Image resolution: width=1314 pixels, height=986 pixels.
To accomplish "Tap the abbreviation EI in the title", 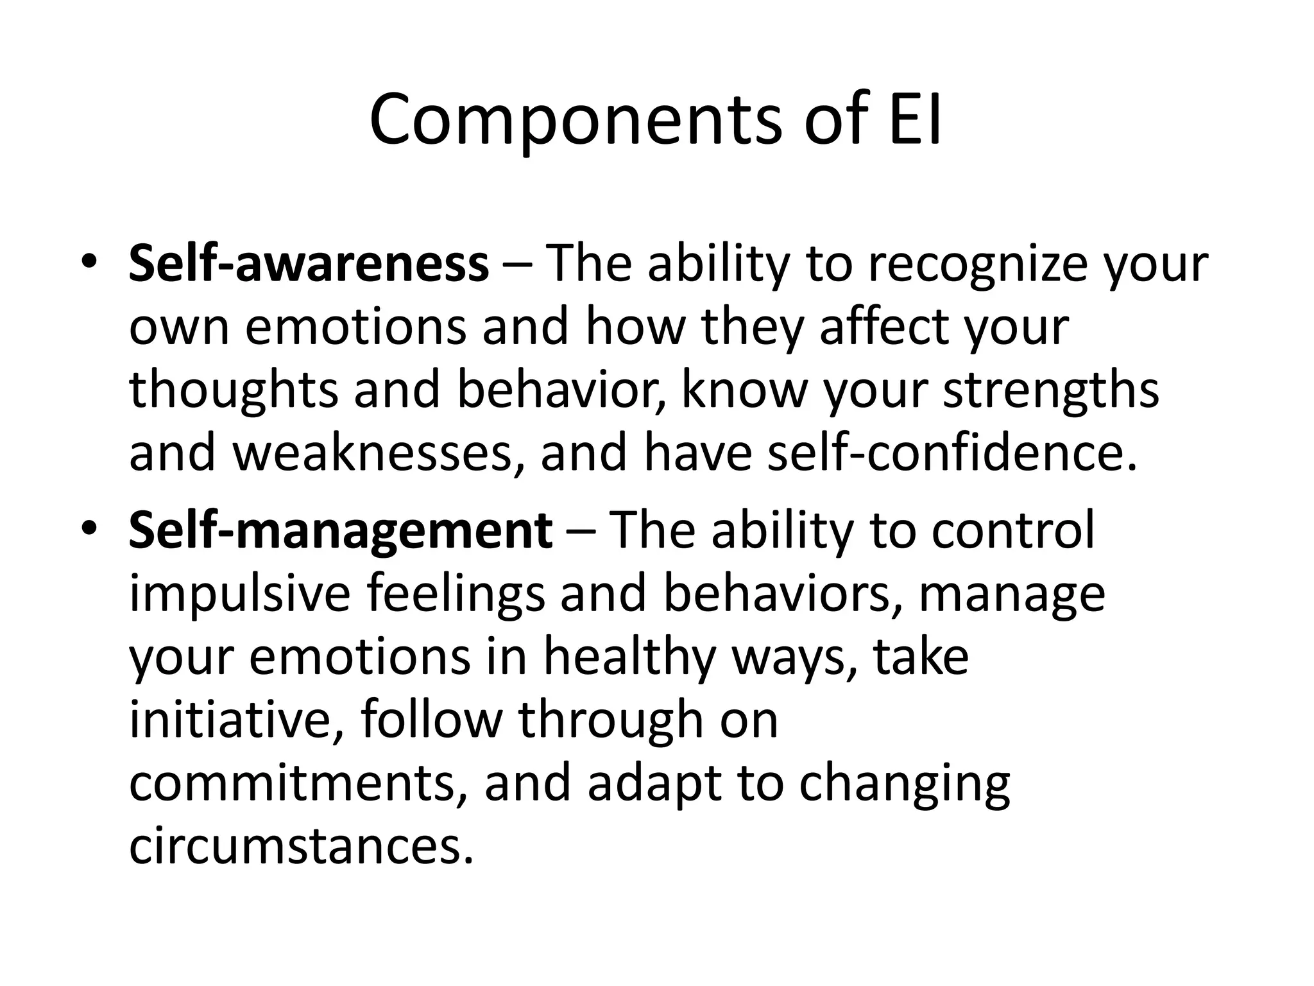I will point(916,121).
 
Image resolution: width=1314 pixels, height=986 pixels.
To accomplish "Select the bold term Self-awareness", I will point(309,264).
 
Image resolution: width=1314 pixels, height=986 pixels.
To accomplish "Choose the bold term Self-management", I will point(340,530).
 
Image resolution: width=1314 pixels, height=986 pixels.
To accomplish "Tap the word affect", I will point(885,327).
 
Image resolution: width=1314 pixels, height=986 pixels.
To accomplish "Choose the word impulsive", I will point(240,594).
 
